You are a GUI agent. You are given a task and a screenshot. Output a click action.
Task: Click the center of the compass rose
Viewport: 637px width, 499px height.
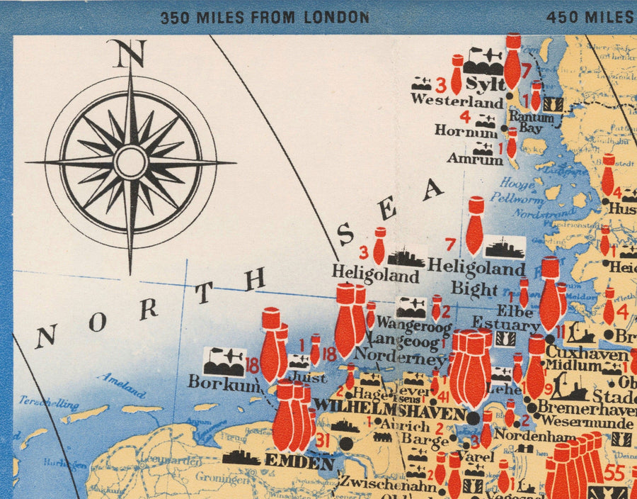[x=131, y=162]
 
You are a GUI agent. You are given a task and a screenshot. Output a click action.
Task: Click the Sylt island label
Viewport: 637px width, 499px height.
[x=486, y=85]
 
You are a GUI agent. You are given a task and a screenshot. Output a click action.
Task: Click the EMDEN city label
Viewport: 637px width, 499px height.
[x=299, y=462]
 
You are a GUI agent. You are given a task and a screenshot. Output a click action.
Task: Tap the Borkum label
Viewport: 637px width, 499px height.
[x=214, y=381]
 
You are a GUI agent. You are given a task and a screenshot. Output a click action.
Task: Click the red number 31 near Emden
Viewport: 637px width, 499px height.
[x=323, y=441]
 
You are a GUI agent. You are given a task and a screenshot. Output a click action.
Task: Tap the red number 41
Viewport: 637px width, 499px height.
[x=444, y=396]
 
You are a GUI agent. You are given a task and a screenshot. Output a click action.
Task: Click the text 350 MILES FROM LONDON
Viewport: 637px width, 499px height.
[x=264, y=17]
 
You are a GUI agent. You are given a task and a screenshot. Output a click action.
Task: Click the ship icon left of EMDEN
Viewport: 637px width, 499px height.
[x=241, y=458]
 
